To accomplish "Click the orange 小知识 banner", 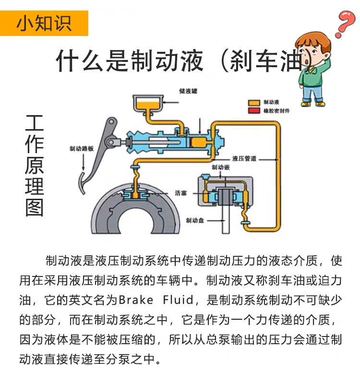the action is point(44,23).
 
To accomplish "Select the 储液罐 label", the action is point(188,91).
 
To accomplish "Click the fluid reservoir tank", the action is point(148,104).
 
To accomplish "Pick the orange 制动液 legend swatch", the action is point(254,102).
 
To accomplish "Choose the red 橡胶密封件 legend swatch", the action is point(254,110).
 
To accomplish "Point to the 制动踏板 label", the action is point(82,148).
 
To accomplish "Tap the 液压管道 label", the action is point(244,159).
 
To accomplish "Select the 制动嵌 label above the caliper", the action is point(221,167).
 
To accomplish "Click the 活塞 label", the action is point(181,193).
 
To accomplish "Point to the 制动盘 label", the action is point(195,220).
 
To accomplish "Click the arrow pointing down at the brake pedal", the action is point(83,162).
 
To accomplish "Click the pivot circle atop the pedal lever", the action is point(111,121).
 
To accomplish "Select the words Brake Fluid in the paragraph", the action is point(156,300).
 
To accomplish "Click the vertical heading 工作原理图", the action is point(34,166).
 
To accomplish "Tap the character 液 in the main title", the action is point(191,60).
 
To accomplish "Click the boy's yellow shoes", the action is point(313,104).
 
